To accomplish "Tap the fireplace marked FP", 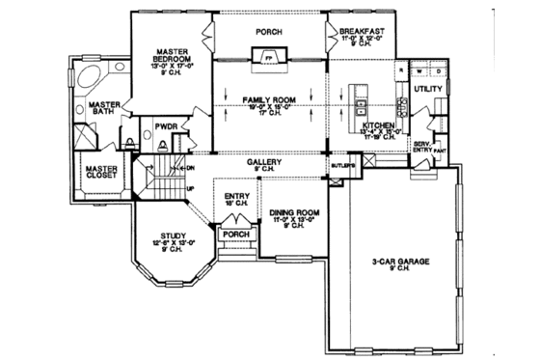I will click(269, 59).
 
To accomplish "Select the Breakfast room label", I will click(362, 32).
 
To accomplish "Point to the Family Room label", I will click(269, 99).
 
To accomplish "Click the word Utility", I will click(427, 88).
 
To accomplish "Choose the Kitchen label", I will click(377, 126).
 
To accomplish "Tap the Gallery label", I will click(262, 163).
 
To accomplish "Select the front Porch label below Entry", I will click(236, 234).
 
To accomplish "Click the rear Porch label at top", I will click(268, 32).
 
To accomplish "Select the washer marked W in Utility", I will click(421, 70).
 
